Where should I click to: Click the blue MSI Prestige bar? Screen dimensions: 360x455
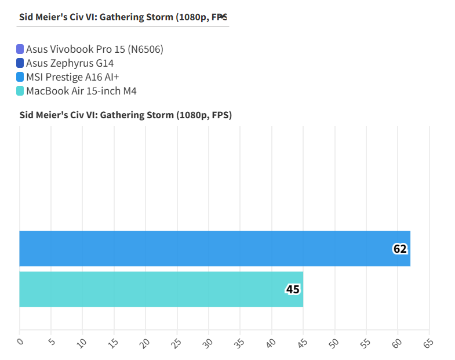click(x=214, y=249)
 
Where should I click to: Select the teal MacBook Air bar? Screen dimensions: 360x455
click(x=161, y=289)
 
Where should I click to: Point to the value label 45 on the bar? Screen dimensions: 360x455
click(x=293, y=289)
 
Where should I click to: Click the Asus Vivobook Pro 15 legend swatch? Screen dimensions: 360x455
click(x=20, y=49)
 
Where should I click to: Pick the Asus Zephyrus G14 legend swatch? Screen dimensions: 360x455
click(x=20, y=63)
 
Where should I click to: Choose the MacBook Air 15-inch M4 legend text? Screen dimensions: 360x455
click(x=81, y=91)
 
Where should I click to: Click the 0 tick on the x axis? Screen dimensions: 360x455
click(x=20, y=342)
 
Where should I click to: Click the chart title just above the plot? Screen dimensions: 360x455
click(x=126, y=115)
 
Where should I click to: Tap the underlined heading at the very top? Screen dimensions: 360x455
click(x=123, y=17)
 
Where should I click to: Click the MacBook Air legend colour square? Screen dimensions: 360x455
click(x=20, y=91)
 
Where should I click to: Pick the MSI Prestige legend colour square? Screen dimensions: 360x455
click(x=20, y=77)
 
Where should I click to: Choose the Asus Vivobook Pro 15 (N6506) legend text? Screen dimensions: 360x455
click(x=94, y=49)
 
